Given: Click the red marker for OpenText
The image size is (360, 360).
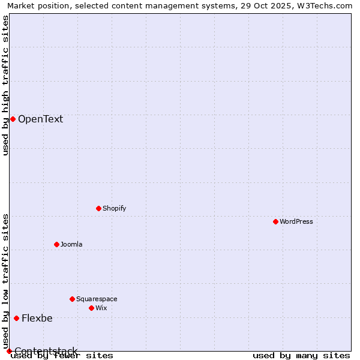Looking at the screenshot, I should pos(13,119).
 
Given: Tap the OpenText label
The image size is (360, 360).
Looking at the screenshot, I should pos(40,119).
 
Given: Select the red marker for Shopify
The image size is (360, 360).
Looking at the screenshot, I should pos(98,208).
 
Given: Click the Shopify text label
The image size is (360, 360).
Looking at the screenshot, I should pos(114,208).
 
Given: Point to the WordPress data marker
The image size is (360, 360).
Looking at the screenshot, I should pos(275,221).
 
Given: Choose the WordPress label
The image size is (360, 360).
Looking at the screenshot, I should pos(296,221).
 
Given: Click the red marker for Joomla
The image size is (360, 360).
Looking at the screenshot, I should pos(56,244).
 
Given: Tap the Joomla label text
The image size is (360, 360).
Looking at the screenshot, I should pos(71,244).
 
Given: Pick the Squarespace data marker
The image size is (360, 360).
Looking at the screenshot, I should pos(72,299).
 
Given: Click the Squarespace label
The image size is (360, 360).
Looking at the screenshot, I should pos(97,299).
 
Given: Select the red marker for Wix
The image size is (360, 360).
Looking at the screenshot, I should pos(91,308).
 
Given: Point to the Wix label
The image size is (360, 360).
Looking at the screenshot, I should pos(101,308).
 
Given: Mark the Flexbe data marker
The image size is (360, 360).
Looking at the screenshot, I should pos(16,318).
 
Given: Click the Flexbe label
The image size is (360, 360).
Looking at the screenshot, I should pos(37,318).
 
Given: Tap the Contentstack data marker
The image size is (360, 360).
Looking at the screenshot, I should pos(9,351).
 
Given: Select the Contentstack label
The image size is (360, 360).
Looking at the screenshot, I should pos(46,351).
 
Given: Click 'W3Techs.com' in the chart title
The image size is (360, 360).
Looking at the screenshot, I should pos(327,5).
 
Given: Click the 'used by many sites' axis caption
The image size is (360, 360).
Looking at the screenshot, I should pos(301,356).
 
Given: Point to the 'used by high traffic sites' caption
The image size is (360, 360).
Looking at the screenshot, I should pos(5,85).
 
